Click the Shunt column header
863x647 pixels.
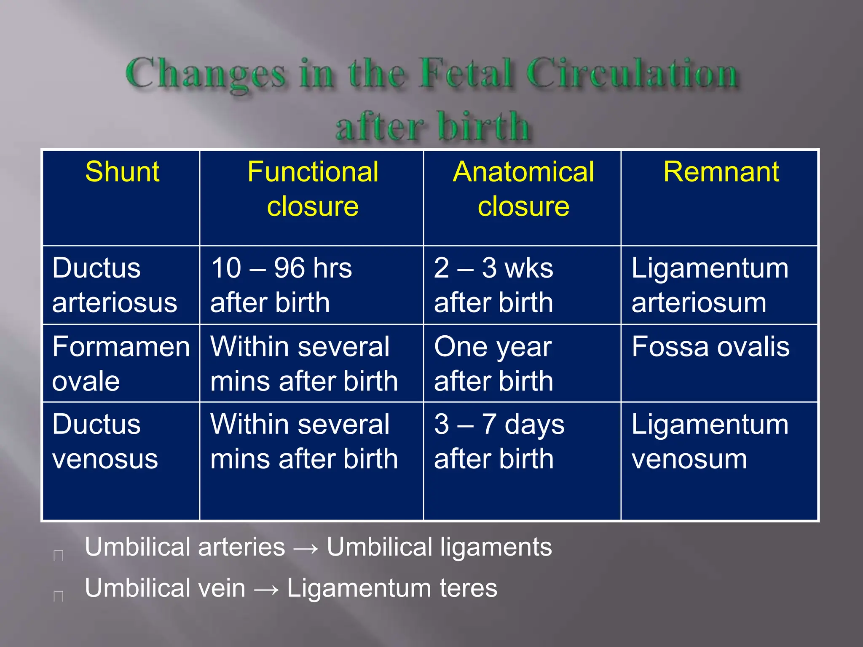click(x=122, y=172)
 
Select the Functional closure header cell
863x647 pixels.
click(x=313, y=189)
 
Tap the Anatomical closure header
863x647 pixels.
click(x=523, y=189)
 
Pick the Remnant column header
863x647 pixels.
click(x=721, y=172)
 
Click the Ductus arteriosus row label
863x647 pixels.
click(x=115, y=285)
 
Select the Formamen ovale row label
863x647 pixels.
click(x=121, y=364)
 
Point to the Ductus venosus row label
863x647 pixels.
click(x=105, y=441)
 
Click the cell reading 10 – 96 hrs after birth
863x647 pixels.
click(x=281, y=285)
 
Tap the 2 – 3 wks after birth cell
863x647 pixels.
click(x=493, y=285)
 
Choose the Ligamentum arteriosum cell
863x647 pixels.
click(x=710, y=285)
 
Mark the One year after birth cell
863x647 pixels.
click(x=493, y=364)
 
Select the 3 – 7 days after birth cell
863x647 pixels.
click(x=499, y=441)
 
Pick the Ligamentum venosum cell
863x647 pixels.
click(x=710, y=441)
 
